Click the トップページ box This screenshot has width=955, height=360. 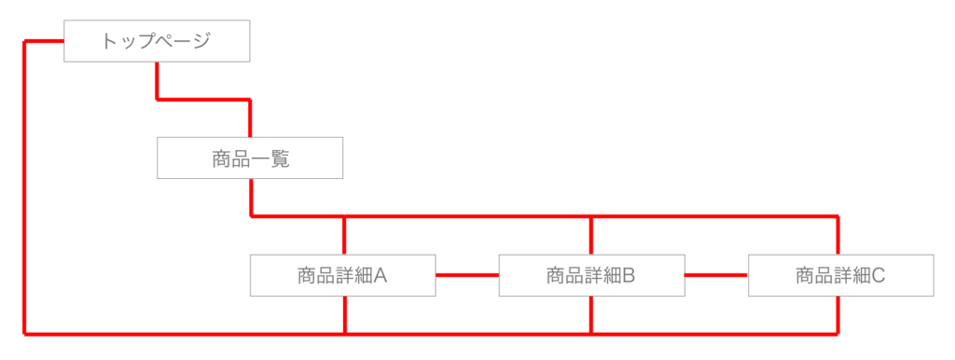click(x=157, y=41)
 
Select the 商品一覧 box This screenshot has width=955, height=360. click(x=250, y=159)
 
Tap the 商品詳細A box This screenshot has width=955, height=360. click(x=342, y=275)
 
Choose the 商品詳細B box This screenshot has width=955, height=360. click(x=591, y=275)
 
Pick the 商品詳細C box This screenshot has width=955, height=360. click(x=840, y=275)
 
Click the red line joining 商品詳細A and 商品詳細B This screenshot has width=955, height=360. click(x=467, y=275)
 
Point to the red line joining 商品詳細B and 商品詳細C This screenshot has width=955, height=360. click(x=716, y=275)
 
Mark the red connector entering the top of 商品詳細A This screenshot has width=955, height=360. click(x=345, y=235)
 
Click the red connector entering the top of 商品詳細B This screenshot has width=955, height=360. click(x=591, y=235)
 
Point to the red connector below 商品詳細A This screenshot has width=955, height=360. click(x=345, y=314)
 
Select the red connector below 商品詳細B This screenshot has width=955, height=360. click(x=591, y=314)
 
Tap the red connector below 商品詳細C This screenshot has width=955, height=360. click(x=837, y=314)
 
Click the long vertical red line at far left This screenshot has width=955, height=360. click(x=24, y=187)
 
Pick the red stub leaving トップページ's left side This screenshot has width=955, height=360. click(x=44, y=41)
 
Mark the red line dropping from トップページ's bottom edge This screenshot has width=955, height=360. click(x=157, y=79)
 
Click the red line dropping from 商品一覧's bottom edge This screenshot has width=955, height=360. click(x=251, y=197)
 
